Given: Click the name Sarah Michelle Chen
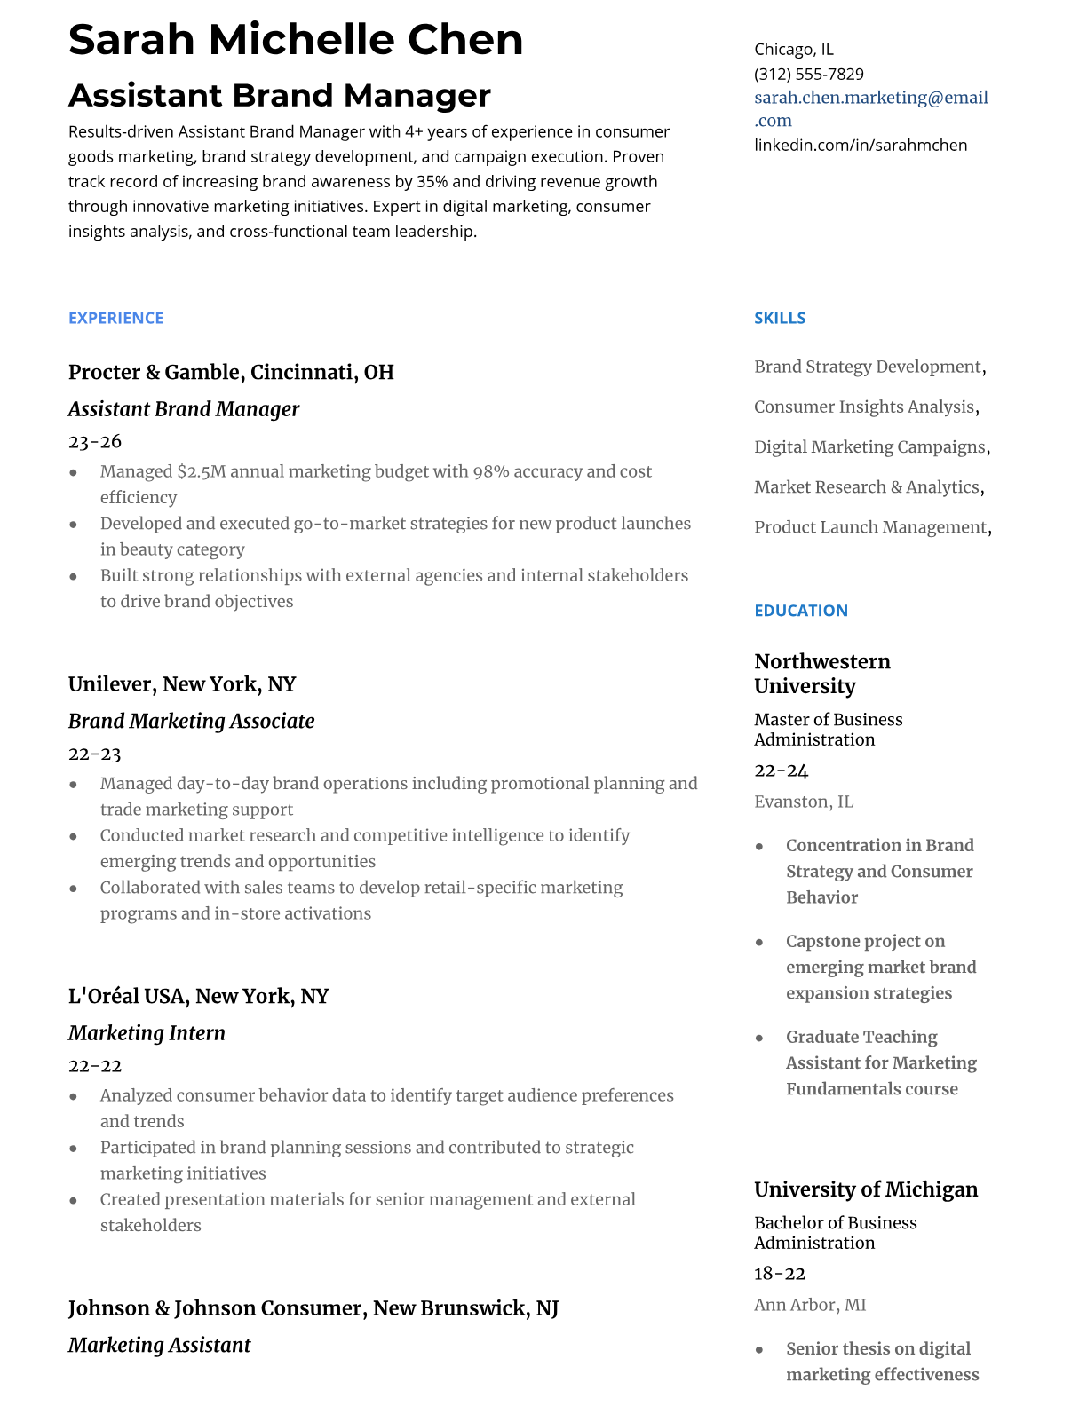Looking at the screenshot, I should coord(296,40).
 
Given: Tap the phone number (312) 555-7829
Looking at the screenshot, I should coord(808,74).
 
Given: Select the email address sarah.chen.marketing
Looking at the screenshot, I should coord(870,98).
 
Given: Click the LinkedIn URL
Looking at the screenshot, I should coord(860,145).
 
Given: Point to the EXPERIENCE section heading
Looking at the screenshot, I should coord(115,318).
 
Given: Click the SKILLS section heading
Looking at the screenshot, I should coord(779,318).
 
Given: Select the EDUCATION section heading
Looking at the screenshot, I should coord(800,611).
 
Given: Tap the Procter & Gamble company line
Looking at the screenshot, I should coord(231,372).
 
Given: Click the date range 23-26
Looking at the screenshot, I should coord(95,441).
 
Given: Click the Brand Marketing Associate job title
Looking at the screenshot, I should coord(191,721).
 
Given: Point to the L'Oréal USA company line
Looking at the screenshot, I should coord(198,996).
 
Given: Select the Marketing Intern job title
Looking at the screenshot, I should coord(147,1033).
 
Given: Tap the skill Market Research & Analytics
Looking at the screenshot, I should coord(866,487).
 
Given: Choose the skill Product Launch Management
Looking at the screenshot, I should coord(869,527).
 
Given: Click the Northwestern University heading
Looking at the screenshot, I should coord(821,674).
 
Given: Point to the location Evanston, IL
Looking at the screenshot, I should coord(803,802).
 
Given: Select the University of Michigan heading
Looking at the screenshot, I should coord(865,1189).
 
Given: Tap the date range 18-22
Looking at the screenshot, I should coord(779,1274).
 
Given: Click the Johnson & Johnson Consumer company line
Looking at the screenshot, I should coord(313,1308).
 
